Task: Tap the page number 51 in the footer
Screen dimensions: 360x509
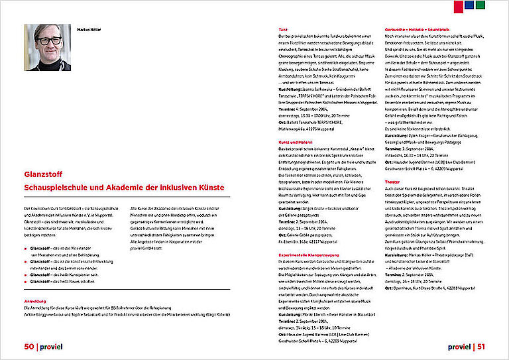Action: (x=482, y=346)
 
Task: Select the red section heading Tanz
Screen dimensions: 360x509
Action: (x=283, y=29)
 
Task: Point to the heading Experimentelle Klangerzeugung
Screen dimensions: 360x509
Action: (x=309, y=254)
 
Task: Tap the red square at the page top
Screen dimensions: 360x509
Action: (x=459, y=5)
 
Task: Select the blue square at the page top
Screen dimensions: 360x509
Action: (x=470, y=5)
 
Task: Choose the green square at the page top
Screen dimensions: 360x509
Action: (x=481, y=5)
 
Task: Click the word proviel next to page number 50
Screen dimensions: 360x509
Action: (x=54, y=346)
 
